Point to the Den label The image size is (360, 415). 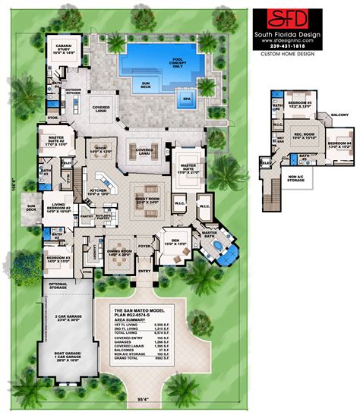[176, 244]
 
